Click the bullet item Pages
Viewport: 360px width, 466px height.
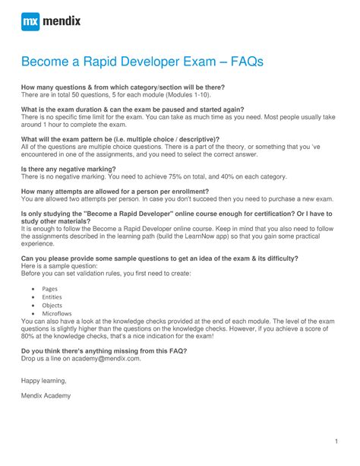(x=50, y=290)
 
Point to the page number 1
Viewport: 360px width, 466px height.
(x=335, y=441)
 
